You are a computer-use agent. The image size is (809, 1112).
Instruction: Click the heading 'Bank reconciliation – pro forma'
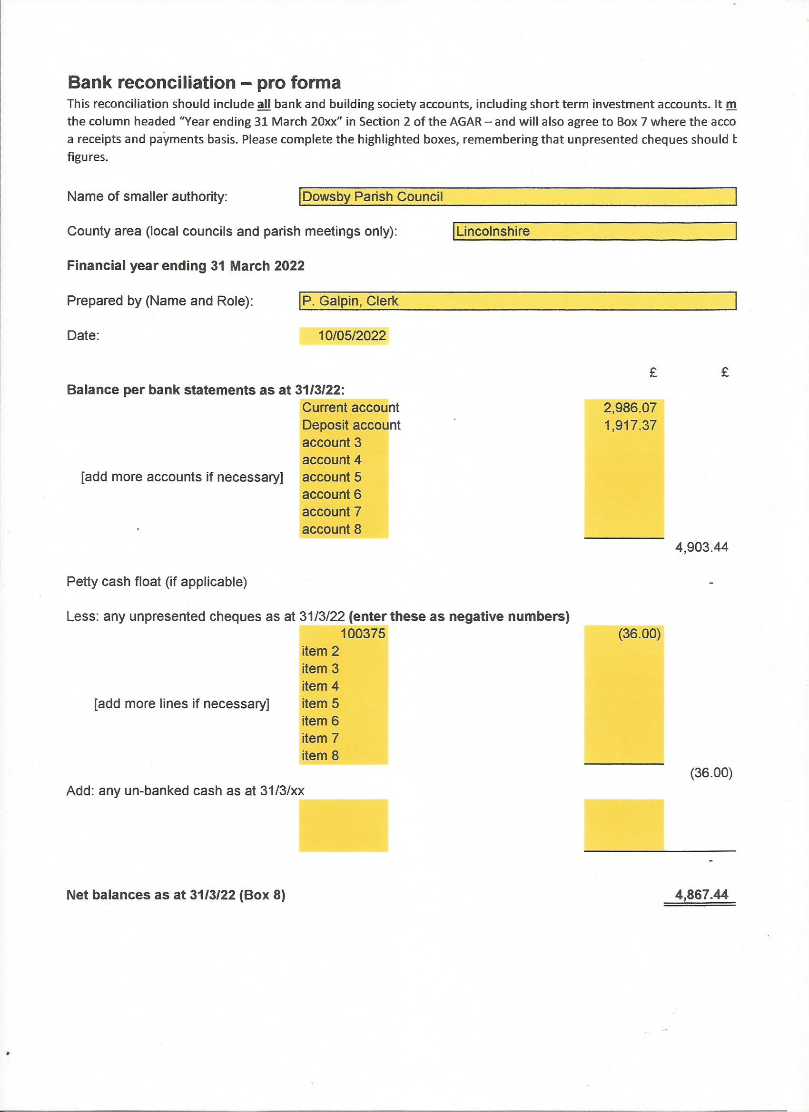point(204,82)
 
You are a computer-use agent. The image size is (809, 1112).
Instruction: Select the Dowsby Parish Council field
point(518,196)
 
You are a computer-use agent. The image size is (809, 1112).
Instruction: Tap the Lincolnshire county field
point(594,231)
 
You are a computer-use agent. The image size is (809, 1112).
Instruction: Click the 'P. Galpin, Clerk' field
point(518,301)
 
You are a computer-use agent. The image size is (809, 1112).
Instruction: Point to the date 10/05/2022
point(352,336)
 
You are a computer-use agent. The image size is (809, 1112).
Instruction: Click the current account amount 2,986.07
point(630,408)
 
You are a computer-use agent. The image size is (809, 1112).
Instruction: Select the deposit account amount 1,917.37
point(630,425)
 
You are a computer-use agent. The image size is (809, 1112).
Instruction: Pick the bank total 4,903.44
point(701,547)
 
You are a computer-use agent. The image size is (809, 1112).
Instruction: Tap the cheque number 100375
point(363,634)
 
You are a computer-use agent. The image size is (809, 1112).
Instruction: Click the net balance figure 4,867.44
point(701,895)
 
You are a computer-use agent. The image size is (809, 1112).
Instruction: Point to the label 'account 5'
point(332,477)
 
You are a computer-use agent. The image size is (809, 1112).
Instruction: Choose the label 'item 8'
point(320,756)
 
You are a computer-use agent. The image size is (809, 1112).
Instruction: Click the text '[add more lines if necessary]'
point(181,703)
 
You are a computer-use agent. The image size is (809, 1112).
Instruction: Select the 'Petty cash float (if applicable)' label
point(157,582)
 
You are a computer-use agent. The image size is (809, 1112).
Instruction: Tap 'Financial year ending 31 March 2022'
point(186,266)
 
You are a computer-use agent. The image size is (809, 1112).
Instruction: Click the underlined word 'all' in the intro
point(264,104)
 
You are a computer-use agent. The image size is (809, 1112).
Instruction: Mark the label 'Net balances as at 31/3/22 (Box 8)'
point(176,895)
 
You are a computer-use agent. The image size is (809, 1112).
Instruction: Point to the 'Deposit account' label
point(351,425)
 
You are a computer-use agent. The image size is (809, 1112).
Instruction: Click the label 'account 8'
point(332,529)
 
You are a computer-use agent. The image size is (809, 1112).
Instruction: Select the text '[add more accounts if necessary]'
point(182,477)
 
